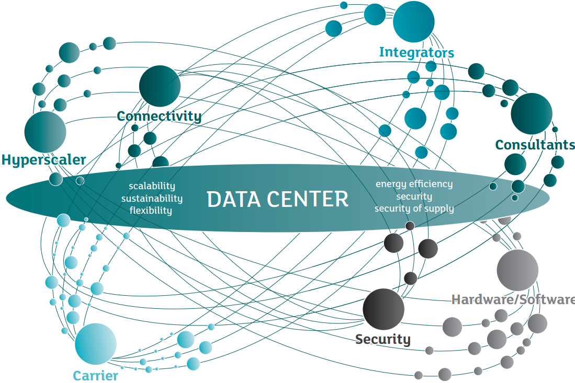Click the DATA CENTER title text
tap(277, 199)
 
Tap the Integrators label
tap(416, 52)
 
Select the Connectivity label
tap(159, 115)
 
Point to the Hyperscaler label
tap(43, 159)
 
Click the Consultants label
tap(534, 144)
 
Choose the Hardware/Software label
tap(513, 299)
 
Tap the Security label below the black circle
tap(383, 339)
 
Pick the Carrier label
tap(95, 375)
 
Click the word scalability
tap(152, 186)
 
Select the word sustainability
tap(152, 199)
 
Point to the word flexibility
tap(152, 211)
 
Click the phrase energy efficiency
tap(414, 184)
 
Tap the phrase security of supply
tap(414, 208)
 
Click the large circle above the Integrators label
tap(413, 22)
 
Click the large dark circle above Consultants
tap(531, 113)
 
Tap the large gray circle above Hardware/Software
tap(517, 270)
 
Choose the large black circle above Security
tap(384, 309)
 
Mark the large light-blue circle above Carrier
tap(95, 344)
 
